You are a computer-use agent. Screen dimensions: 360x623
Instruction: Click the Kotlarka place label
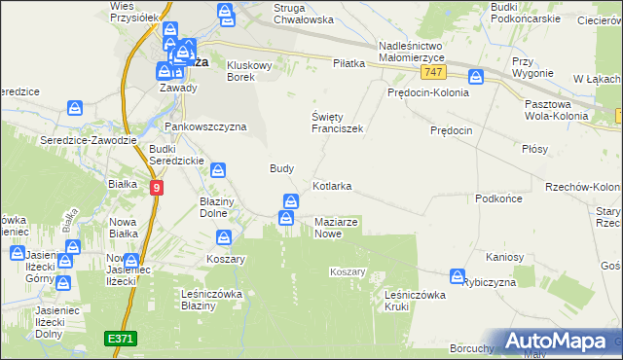click(332, 185)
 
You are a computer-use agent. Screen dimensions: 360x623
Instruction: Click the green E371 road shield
click(122, 338)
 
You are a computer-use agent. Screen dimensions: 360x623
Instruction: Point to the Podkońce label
click(500, 198)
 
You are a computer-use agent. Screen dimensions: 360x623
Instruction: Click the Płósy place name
click(535, 149)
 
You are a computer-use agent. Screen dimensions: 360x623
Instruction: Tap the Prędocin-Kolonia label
click(428, 93)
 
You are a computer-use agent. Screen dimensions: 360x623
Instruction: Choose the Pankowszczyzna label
click(205, 126)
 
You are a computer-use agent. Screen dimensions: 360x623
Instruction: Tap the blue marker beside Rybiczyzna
click(456, 278)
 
